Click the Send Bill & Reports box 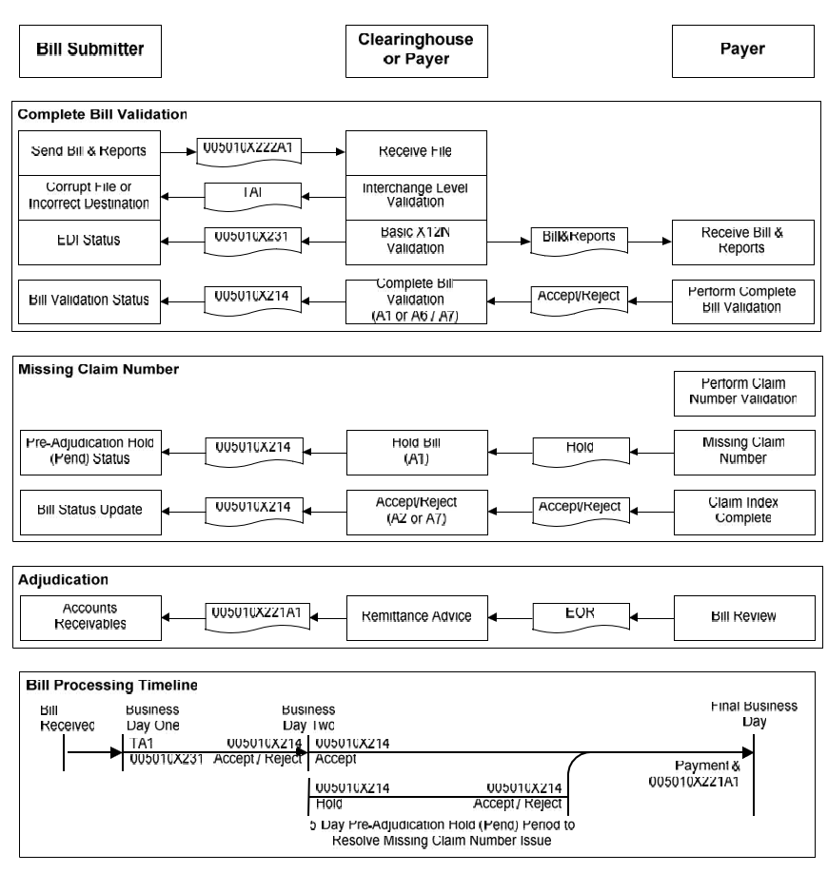(x=89, y=152)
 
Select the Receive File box (x=415, y=152)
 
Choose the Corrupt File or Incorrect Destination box (x=89, y=197)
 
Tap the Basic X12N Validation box (x=415, y=242)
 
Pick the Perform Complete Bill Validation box (x=742, y=300)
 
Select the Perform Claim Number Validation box (x=742, y=393)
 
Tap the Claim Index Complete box (x=742, y=511)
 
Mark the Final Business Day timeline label (x=754, y=714)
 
